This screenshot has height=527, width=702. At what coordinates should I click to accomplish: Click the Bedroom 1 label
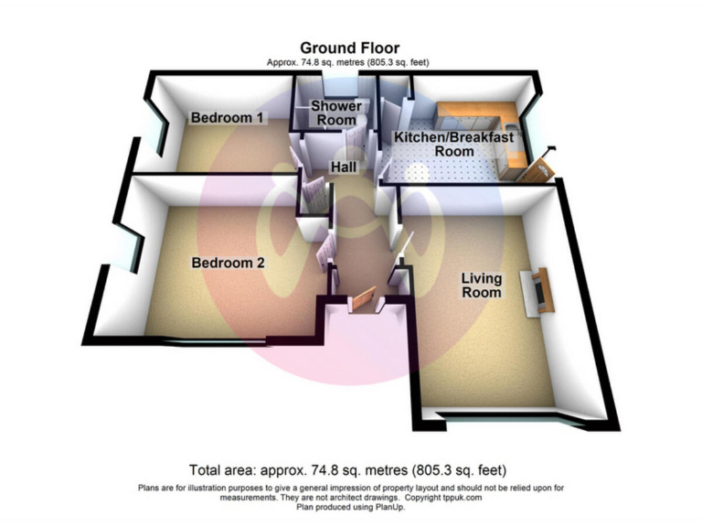tap(228, 118)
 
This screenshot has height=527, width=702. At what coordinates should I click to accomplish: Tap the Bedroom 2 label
tap(228, 263)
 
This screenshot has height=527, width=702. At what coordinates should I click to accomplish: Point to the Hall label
tap(344, 167)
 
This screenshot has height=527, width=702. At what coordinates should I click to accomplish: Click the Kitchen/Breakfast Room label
tap(453, 144)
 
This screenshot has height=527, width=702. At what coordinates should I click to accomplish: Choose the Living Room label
tap(481, 285)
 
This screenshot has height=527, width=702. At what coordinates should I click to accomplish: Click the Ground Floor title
tap(350, 48)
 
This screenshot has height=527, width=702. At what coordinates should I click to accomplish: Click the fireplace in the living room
tap(539, 290)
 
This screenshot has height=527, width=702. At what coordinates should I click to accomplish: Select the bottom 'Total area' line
tap(350, 470)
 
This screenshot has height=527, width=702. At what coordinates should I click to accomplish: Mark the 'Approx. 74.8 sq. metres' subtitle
tap(350, 62)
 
